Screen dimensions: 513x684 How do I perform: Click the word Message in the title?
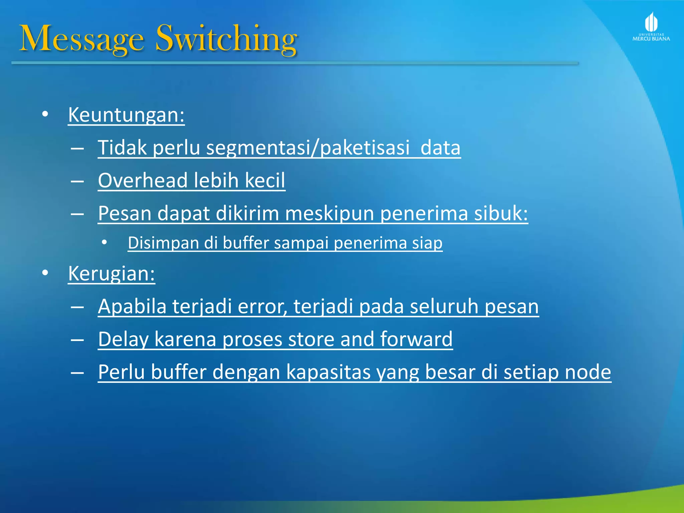(x=82, y=39)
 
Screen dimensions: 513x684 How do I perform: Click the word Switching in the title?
(x=226, y=39)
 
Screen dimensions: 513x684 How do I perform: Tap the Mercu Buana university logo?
(x=651, y=27)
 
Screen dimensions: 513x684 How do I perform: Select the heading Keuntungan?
(x=126, y=115)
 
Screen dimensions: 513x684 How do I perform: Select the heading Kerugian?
(x=112, y=274)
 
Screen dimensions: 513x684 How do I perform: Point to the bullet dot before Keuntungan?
(x=45, y=115)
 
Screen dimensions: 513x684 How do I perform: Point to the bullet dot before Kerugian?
(x=45, y=273)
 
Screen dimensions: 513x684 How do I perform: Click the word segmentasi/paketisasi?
(x=308, y=147)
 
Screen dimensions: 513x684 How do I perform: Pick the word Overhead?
(x=143, y=180)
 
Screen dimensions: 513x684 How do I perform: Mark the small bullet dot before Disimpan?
(x=105, y=242)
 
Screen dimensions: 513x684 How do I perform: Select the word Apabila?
(x=132, y=306)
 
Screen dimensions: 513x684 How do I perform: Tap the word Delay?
(x=123, y=339)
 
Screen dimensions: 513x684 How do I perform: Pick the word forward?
(x=416, y=339)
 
